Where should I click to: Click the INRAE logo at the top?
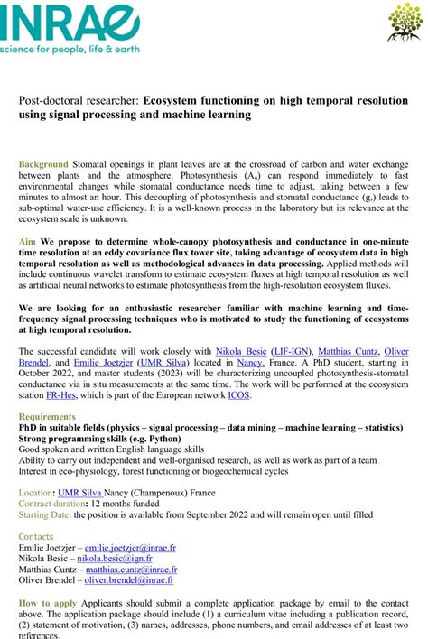[x=54, y=20]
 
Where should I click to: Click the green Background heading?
[x=43, y=164]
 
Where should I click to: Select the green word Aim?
[x=27, y=243]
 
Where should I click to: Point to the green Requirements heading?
[x=47, y=416]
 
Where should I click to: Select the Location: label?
[x=37, y=493]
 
